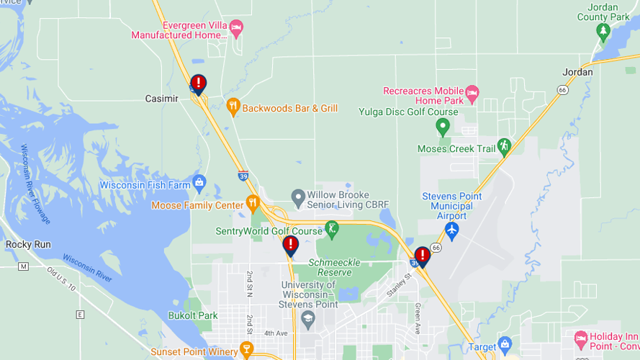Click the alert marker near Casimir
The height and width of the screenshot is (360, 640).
(x=198, y=84)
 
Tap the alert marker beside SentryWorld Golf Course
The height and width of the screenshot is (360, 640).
(x=290, y=245)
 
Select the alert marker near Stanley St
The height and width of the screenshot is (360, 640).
(x=423, y=256)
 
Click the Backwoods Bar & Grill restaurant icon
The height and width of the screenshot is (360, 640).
(x=233, y=108)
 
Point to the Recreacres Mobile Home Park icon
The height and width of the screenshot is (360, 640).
(x=472, y=91)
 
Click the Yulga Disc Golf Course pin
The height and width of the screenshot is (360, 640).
(x=443, y=127)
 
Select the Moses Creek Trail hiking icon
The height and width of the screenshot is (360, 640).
(x=504, y=146)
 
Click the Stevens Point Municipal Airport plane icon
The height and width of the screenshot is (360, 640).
(x=451, y=230)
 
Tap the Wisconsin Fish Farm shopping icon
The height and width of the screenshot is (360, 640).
(x=199, y=181)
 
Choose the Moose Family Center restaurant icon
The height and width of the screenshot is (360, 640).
(x=252, y=203)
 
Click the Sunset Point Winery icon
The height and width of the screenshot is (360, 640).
(x=247, y=351)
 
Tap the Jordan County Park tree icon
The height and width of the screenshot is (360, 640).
(x=603, y=31)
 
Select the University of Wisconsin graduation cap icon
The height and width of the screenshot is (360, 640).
(x=308, y=318)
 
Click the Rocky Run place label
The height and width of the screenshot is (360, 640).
(x=28, y=245)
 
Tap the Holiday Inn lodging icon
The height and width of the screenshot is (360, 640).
(x=580, y=337)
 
